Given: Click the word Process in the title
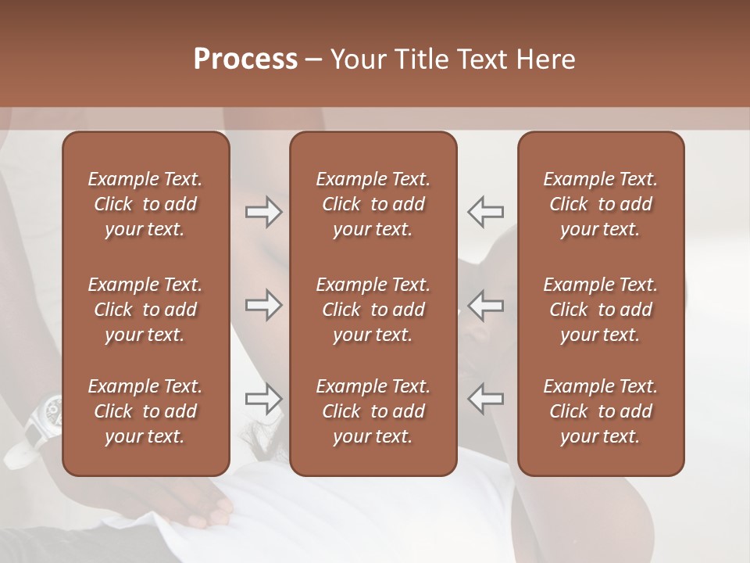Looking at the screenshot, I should tap(245, 59).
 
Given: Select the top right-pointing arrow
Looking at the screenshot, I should tap(263, 212).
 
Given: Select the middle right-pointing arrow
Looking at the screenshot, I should tap(263, 305).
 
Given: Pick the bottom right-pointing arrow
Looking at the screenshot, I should tap(263, 399).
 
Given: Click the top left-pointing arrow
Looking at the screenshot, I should tap(485, 212).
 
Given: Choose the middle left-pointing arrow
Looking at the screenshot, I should tap(485, 305).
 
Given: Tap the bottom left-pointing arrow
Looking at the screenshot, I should tap(485, 399).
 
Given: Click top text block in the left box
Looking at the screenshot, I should tap(145, 204).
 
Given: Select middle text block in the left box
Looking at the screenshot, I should tap(145, 310).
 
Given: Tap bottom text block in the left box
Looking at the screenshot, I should tap(145, 411).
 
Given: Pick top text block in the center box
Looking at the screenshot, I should tap(373, 204).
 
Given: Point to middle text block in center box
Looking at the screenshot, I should tap(373, 310).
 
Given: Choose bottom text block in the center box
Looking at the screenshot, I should tap(373, 411).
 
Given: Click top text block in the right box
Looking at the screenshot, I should tap(601, 204).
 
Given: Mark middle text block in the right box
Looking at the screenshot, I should tap(601, 310).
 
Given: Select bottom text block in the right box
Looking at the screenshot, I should tap(601, 411).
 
